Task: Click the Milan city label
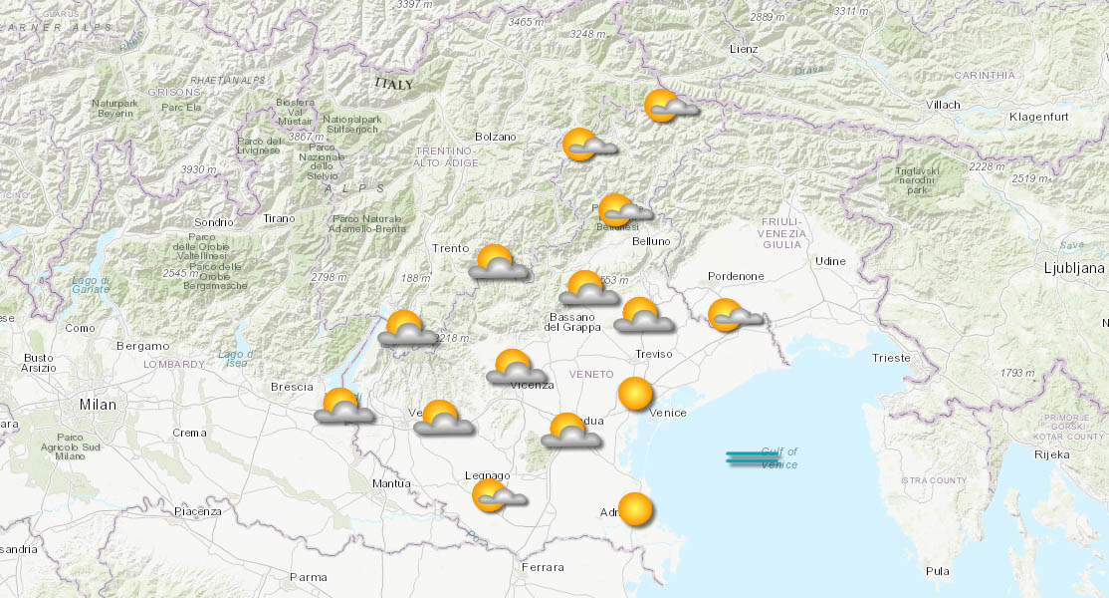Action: coord(99,405)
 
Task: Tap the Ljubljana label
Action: coord(1073,268)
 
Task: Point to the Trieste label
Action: coord(890,358)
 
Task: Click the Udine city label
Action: coord(830,261)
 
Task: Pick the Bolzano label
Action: coord(496,137)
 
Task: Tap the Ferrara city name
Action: coord(543,567)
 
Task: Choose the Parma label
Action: coord(308,577)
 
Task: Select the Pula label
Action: coord(937,571)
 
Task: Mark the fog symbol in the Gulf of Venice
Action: coord(752,457)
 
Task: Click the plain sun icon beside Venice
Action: coord(634,394)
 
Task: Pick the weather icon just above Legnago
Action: coord(497,494)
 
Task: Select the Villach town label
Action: coord(942,105)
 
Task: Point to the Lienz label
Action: coord(743,49)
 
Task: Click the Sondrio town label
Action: coord(214,222)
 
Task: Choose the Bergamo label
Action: coord(142,346)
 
